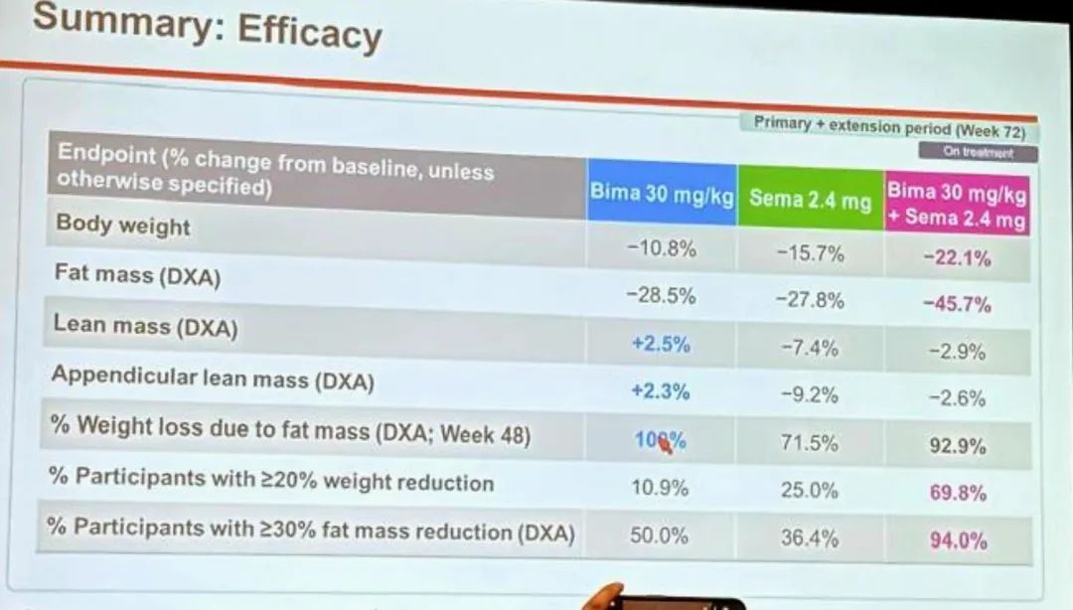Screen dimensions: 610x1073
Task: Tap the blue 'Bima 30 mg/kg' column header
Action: coord(661,192)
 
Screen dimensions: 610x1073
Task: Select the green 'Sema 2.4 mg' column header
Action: coord(810,198)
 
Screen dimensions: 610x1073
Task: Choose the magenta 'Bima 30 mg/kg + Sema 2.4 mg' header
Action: coord(956,205)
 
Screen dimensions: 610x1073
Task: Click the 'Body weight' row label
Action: coord(123,225)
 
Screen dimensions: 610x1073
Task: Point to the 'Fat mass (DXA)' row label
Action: coord(137,275)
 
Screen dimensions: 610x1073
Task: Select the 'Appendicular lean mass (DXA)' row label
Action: coord(213,378)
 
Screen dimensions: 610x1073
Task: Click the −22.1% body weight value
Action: coord(957,259)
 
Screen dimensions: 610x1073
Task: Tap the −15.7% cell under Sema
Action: coord(810,253)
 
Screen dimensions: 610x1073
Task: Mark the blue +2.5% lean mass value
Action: coord(661,344)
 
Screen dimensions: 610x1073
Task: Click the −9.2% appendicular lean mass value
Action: coord(810,394)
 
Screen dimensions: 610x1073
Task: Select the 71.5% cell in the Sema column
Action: coord(809,443)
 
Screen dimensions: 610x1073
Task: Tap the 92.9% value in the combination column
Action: coord(958,446)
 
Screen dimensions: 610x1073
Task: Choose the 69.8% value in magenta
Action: coord(958,493)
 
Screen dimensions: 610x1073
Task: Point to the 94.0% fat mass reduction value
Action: coord(958,540)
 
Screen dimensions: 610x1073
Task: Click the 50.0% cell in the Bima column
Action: coord(659,535)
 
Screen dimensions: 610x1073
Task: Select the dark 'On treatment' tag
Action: coord(978,153)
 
